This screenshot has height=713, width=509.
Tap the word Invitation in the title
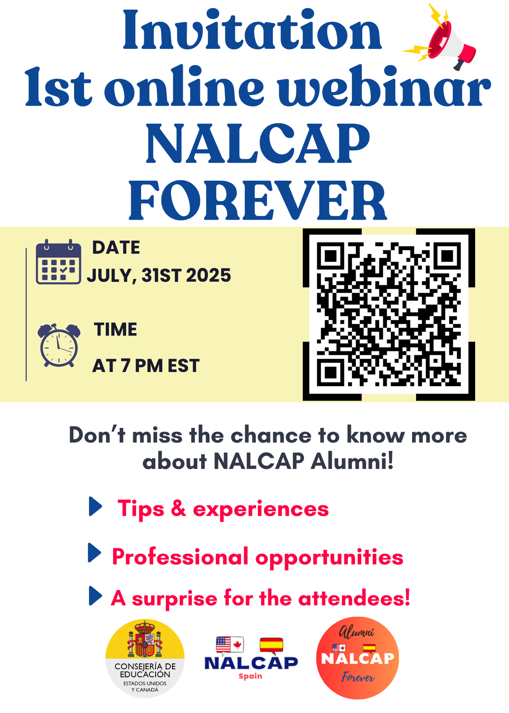pos(252,30)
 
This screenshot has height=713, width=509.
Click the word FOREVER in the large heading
pos(258,200)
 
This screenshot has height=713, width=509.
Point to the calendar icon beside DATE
pos(58,262)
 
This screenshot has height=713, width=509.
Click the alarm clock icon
pos(59,345)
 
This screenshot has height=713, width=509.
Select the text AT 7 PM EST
pos(146,366)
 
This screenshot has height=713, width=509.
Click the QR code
pos(389,314)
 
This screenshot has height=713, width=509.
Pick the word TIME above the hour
pos(115,329)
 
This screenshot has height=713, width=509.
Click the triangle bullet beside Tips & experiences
pos(96,506)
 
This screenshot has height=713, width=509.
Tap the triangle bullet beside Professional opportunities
pos(95,553)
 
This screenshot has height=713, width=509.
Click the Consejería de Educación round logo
pos(145,658)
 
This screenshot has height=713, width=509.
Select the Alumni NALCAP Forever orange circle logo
pos(358,658)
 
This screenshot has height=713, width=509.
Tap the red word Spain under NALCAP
pos(250,676)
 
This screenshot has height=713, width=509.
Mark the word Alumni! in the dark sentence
pos(353,461)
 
